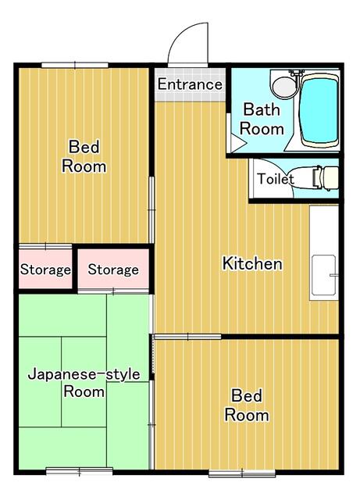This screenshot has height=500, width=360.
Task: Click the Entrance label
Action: click(191, 84)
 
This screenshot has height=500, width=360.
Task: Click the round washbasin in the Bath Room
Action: click(283, 84)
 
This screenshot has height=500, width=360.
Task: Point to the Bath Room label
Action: click(261, 119)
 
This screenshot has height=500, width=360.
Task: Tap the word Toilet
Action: click(276, 179)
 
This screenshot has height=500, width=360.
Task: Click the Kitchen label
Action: click(252, 263)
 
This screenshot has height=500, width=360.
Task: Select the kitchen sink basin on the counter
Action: click(323, 276)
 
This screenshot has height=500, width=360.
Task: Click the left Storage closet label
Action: click(45, 270)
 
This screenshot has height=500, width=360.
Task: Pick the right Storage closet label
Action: click(112, 270)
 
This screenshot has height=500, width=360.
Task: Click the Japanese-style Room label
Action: click(84, 383)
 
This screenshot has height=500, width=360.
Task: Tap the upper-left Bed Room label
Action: click(84, 155)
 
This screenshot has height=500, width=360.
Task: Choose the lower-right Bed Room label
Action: click(247, 405)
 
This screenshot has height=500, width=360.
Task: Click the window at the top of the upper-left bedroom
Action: click(75, 65)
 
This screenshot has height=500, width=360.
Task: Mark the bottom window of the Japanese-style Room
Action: click(79, 470)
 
